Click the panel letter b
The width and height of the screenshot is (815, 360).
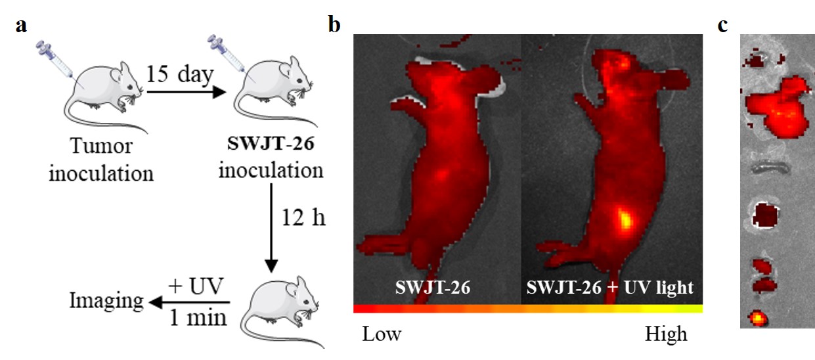[x=334, y=26]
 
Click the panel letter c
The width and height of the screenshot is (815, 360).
[x=722, y=26]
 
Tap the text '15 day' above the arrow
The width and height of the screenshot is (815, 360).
[x=180, y=75]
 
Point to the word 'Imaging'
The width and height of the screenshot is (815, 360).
[x=106, y=302]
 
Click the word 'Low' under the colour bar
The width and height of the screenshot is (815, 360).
[x=382, y=334]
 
